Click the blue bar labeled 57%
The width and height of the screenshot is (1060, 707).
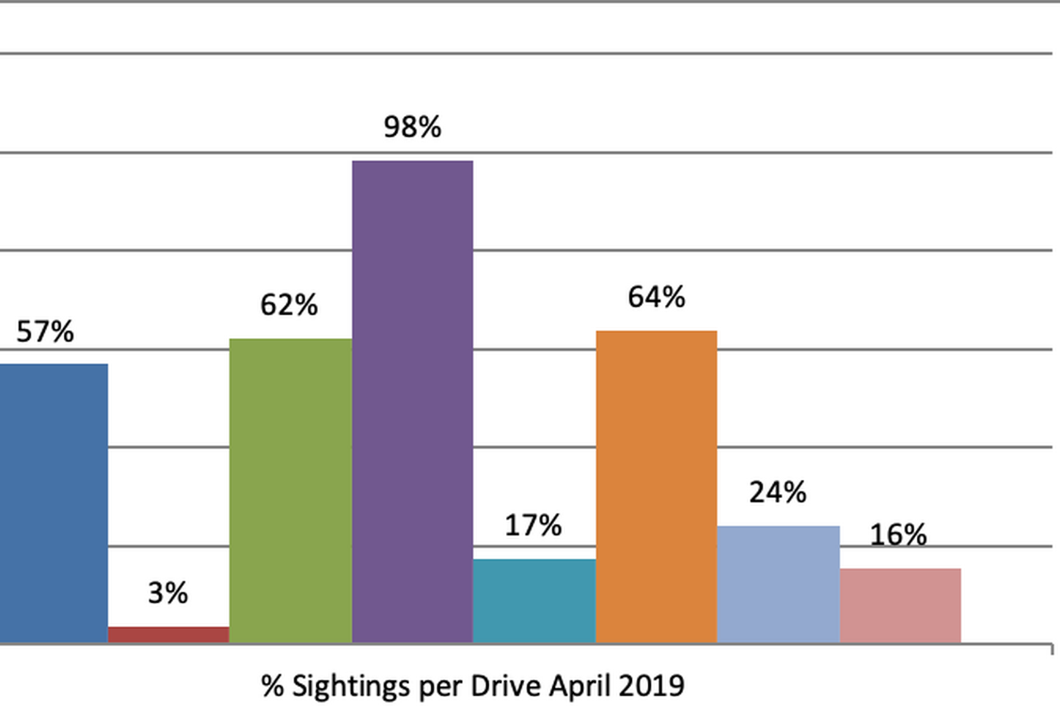tap(53, 502)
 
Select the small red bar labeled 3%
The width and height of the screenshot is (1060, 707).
tap(168, 635)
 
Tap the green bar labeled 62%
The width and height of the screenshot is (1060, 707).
tap(290, 490)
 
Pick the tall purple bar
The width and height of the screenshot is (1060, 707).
tap(412, 401)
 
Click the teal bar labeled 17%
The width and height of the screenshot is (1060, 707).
tap(534, 600)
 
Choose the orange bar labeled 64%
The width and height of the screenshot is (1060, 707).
tap(656, 487)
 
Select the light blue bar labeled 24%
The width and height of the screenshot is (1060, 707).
tap(778, 584)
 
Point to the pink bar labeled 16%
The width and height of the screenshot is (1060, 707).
tap(900, 605)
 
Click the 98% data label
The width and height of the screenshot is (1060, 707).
tap(412, 128)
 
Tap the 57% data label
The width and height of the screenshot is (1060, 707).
tap(46, 332)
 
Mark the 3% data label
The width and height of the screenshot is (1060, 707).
tap(168, 593)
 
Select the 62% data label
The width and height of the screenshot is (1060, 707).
tap(289, 305)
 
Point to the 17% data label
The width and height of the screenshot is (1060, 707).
tap(533, 525)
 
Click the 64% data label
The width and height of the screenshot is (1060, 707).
tap(656, 297)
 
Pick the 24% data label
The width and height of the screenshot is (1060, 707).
tap(778, 492)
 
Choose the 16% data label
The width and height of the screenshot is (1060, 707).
tap(899, 535)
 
